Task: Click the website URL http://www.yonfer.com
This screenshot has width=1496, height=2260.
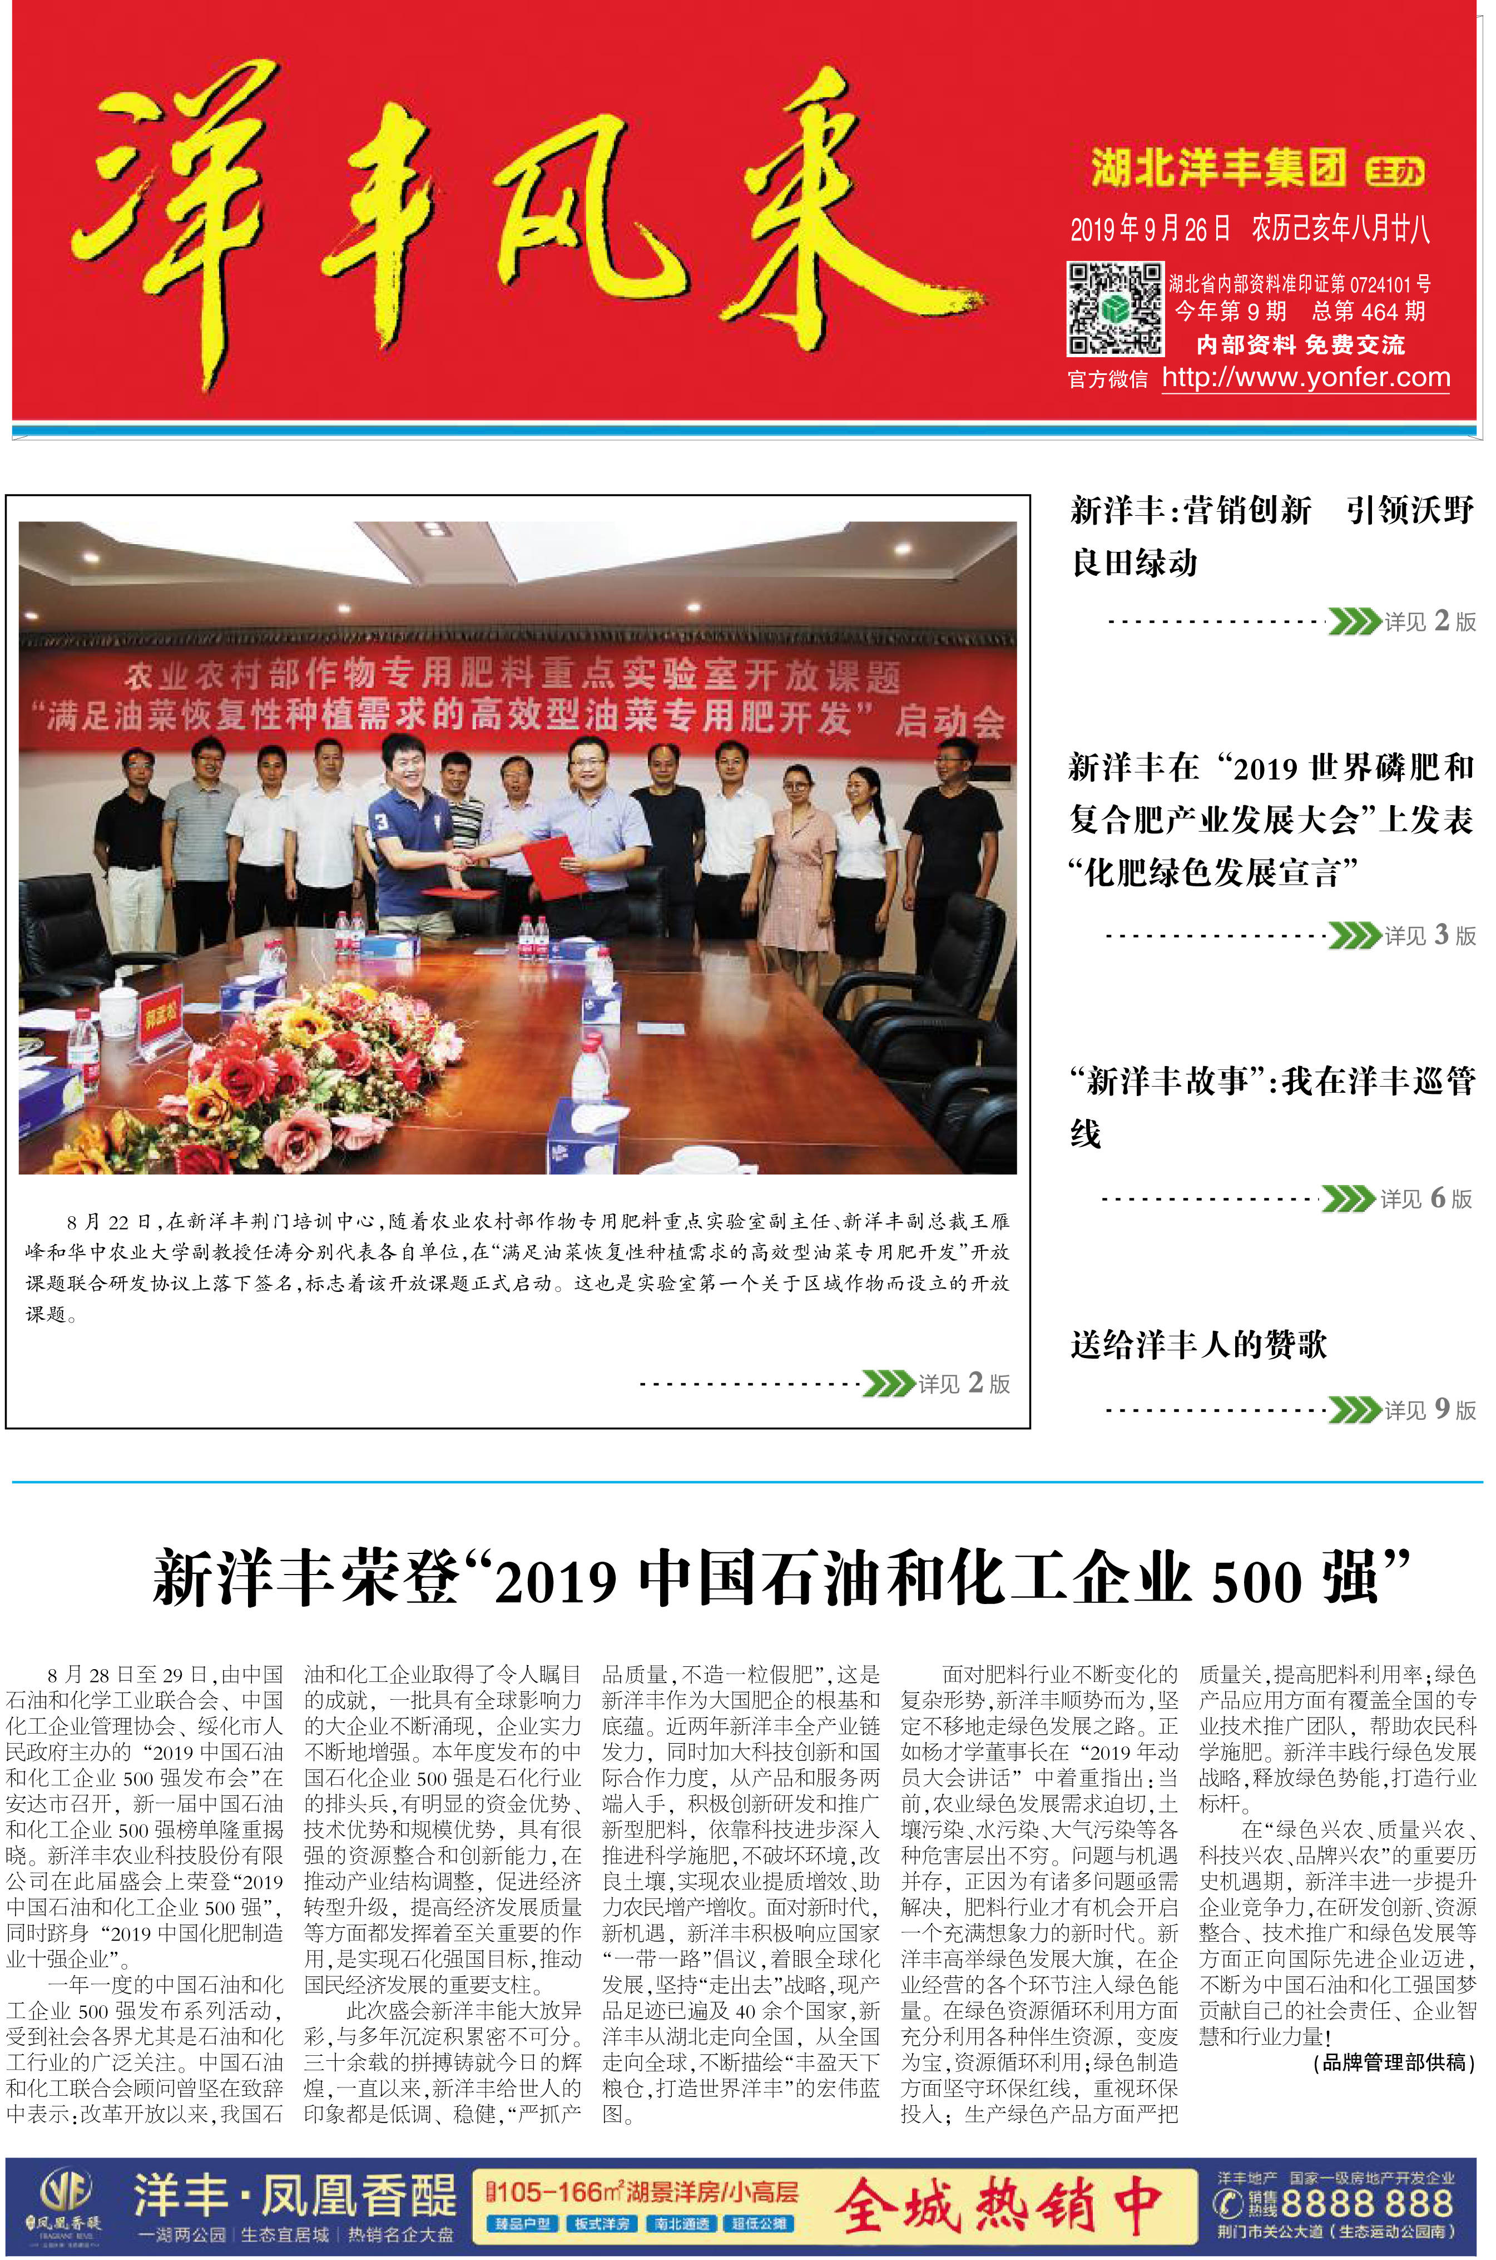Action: [x=1305, y=378]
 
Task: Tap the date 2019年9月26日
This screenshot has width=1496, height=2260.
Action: [x=1152, y=229]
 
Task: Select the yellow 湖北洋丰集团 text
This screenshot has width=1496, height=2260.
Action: [x=1218, y=169]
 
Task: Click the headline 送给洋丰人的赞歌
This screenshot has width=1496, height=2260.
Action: [x=1198, y=1345]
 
